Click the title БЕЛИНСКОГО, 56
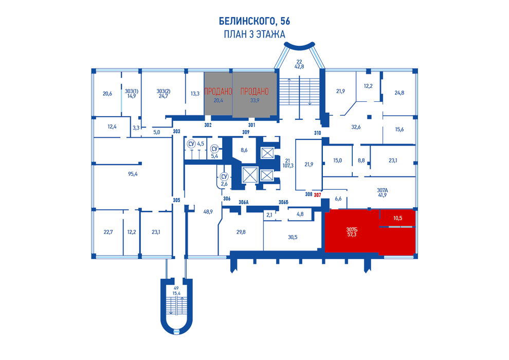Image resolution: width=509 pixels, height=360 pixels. click(254, 21)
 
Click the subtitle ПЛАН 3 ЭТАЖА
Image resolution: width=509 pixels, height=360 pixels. click(254, 34)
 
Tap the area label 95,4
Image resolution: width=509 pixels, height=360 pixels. click(133, 174)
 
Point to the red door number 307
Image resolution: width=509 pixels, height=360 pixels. click(317, 195)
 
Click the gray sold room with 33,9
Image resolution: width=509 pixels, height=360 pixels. click(254, 95)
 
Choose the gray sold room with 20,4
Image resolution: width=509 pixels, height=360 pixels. click(218, 94)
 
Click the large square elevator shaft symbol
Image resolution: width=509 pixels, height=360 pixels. click(250, 175)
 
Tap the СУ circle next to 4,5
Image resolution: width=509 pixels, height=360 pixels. click(191, 144)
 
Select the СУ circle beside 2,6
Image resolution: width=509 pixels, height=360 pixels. click(224, 176)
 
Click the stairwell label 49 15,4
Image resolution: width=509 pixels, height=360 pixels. click(176, 291)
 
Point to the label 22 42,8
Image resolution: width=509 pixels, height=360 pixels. click(299, 64)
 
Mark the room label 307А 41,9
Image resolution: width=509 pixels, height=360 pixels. click(383, 192)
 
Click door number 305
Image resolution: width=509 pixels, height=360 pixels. click(176, 200)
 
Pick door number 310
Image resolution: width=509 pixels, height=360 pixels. click(317, 133)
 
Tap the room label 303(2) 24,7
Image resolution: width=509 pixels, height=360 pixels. click(163, 94)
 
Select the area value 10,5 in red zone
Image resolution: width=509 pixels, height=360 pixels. click(397, 218)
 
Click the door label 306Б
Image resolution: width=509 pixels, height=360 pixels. click(283, 202)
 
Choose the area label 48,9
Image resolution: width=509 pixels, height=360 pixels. click(208, 212)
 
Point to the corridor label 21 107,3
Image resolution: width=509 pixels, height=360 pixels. click(287, 163)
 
